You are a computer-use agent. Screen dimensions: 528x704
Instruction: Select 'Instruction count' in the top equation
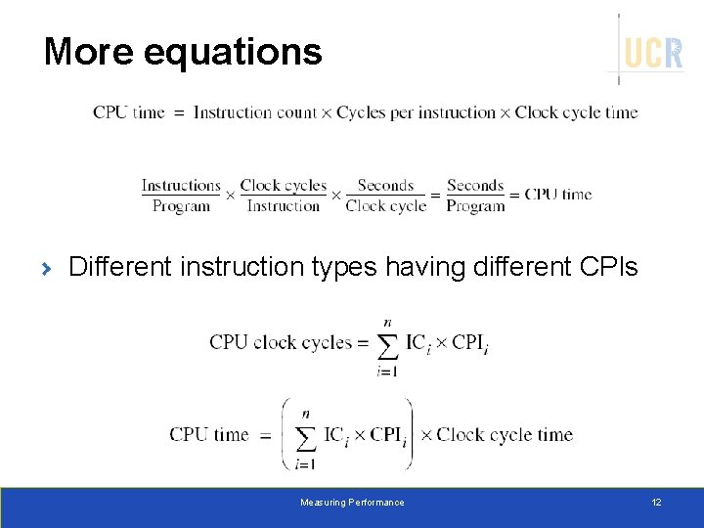(255, 112)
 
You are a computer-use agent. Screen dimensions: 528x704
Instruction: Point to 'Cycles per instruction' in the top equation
(416, 112)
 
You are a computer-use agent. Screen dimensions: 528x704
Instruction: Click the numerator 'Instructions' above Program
(181, 186)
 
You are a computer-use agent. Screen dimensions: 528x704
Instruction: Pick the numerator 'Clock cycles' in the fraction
(284, 186)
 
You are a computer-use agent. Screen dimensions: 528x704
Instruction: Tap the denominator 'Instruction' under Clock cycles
(284, 206)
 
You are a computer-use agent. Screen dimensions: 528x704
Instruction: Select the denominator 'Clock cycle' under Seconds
(386, 206)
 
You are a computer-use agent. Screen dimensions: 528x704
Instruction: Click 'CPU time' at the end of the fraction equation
(558, 195)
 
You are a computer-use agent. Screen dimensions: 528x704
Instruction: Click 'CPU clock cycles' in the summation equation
(280, 342)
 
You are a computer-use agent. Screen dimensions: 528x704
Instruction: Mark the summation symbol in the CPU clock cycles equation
(388, 345)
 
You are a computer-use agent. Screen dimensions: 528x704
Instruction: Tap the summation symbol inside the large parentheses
(306, 436)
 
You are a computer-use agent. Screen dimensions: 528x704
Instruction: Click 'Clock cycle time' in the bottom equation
(505, 434)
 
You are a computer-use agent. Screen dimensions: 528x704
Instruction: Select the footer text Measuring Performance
(352, 503)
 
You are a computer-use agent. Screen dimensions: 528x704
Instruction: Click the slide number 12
(656, 503)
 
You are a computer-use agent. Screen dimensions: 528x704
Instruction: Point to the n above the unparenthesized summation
(388, 322)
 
